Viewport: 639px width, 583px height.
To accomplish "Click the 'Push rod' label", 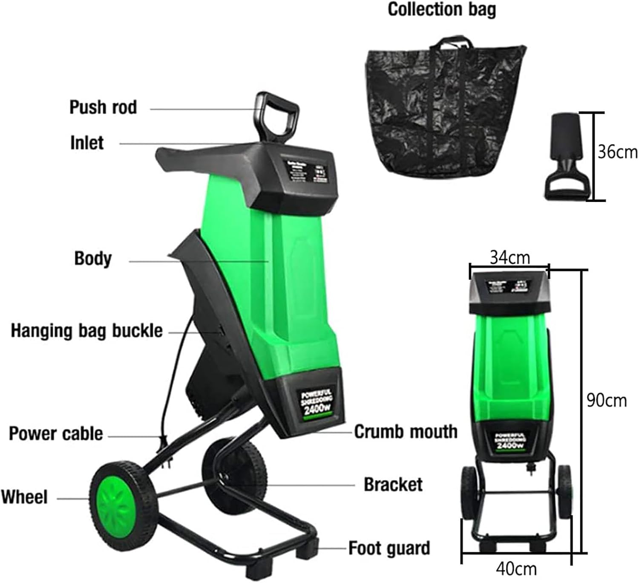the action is pyautogui.click(x=103, y=107).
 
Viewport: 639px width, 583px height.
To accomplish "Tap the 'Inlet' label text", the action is pyautogui.click(x=87, y=143).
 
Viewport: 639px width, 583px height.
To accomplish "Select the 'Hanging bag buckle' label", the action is pyautogui.click(x=86, y=331).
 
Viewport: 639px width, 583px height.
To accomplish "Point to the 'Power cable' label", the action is pyautogui.click(x=56, y=433).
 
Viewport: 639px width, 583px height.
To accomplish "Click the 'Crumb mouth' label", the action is pyautogui.click(x=406, y=432).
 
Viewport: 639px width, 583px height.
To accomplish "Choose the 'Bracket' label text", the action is pyautogui.click(x=393, y=485).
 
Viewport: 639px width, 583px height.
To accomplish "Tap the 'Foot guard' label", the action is pyautogui.click(x=389, y=548).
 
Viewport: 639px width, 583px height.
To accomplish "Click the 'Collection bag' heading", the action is pyautogui.click(x=442, y=9).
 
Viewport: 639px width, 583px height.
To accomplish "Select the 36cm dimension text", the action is pyautogui.click(x=617, y=152).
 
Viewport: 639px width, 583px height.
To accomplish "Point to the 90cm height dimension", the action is pyautogui.click(x=606, y=401).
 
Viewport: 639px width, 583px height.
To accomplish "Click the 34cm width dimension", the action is pyautogui.click(x=509, y=257).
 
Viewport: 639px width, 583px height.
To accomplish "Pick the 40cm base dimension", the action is pyautogui.click(x=516, y=569).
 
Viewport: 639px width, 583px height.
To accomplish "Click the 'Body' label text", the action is pyautogui.click(x=93, y=259).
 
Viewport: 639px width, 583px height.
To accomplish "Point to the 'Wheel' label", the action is pyautogui.click(x=24, y=497).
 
